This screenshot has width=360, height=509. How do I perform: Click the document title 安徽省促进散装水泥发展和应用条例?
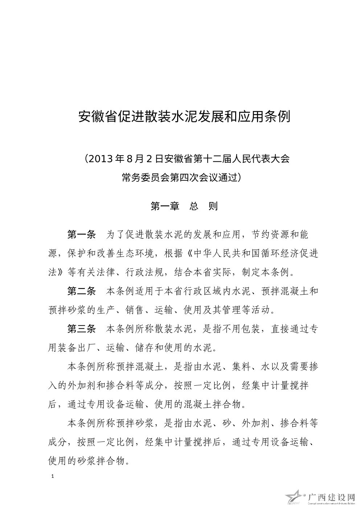(184, 117)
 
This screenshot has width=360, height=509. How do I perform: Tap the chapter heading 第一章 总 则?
(184, 206)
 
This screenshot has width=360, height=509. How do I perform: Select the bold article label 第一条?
(82, 234)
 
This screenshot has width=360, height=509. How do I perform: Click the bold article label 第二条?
(82, 291)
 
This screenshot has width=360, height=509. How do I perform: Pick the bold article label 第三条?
(82, 329)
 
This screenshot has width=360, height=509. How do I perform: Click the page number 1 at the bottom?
(53, 476)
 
